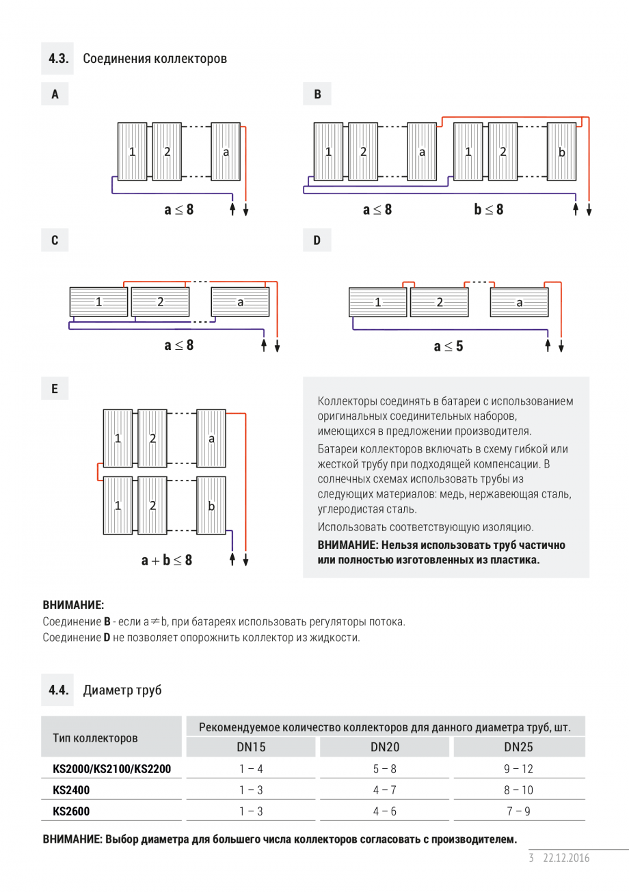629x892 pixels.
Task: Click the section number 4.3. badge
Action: (59, 58)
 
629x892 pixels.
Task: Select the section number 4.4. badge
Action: (59, 690)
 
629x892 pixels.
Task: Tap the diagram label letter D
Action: (317, 241)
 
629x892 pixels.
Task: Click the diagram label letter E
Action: (55, 389)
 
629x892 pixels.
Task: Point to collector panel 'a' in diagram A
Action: (226, 152)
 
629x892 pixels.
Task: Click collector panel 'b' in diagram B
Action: (561, 152)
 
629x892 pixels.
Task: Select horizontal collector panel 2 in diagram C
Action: (160, 301)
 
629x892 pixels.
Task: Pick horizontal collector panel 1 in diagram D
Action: (377, 302)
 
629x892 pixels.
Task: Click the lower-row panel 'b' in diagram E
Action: (211, 506)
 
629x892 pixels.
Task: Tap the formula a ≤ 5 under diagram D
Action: (448, 347)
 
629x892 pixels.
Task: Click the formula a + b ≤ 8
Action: (167, 560)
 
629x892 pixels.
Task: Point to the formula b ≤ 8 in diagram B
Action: (488, 210)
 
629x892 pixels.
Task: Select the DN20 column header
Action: (385, 747)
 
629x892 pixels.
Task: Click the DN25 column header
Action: (518, 747)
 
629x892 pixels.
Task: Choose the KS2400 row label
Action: (71, 790)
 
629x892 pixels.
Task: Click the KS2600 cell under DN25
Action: (518, 811)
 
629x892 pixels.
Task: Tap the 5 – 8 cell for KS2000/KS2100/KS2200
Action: (385, 769)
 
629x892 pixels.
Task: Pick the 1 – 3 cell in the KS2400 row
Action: (251, 790)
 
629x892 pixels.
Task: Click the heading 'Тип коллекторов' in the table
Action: (95, 738)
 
